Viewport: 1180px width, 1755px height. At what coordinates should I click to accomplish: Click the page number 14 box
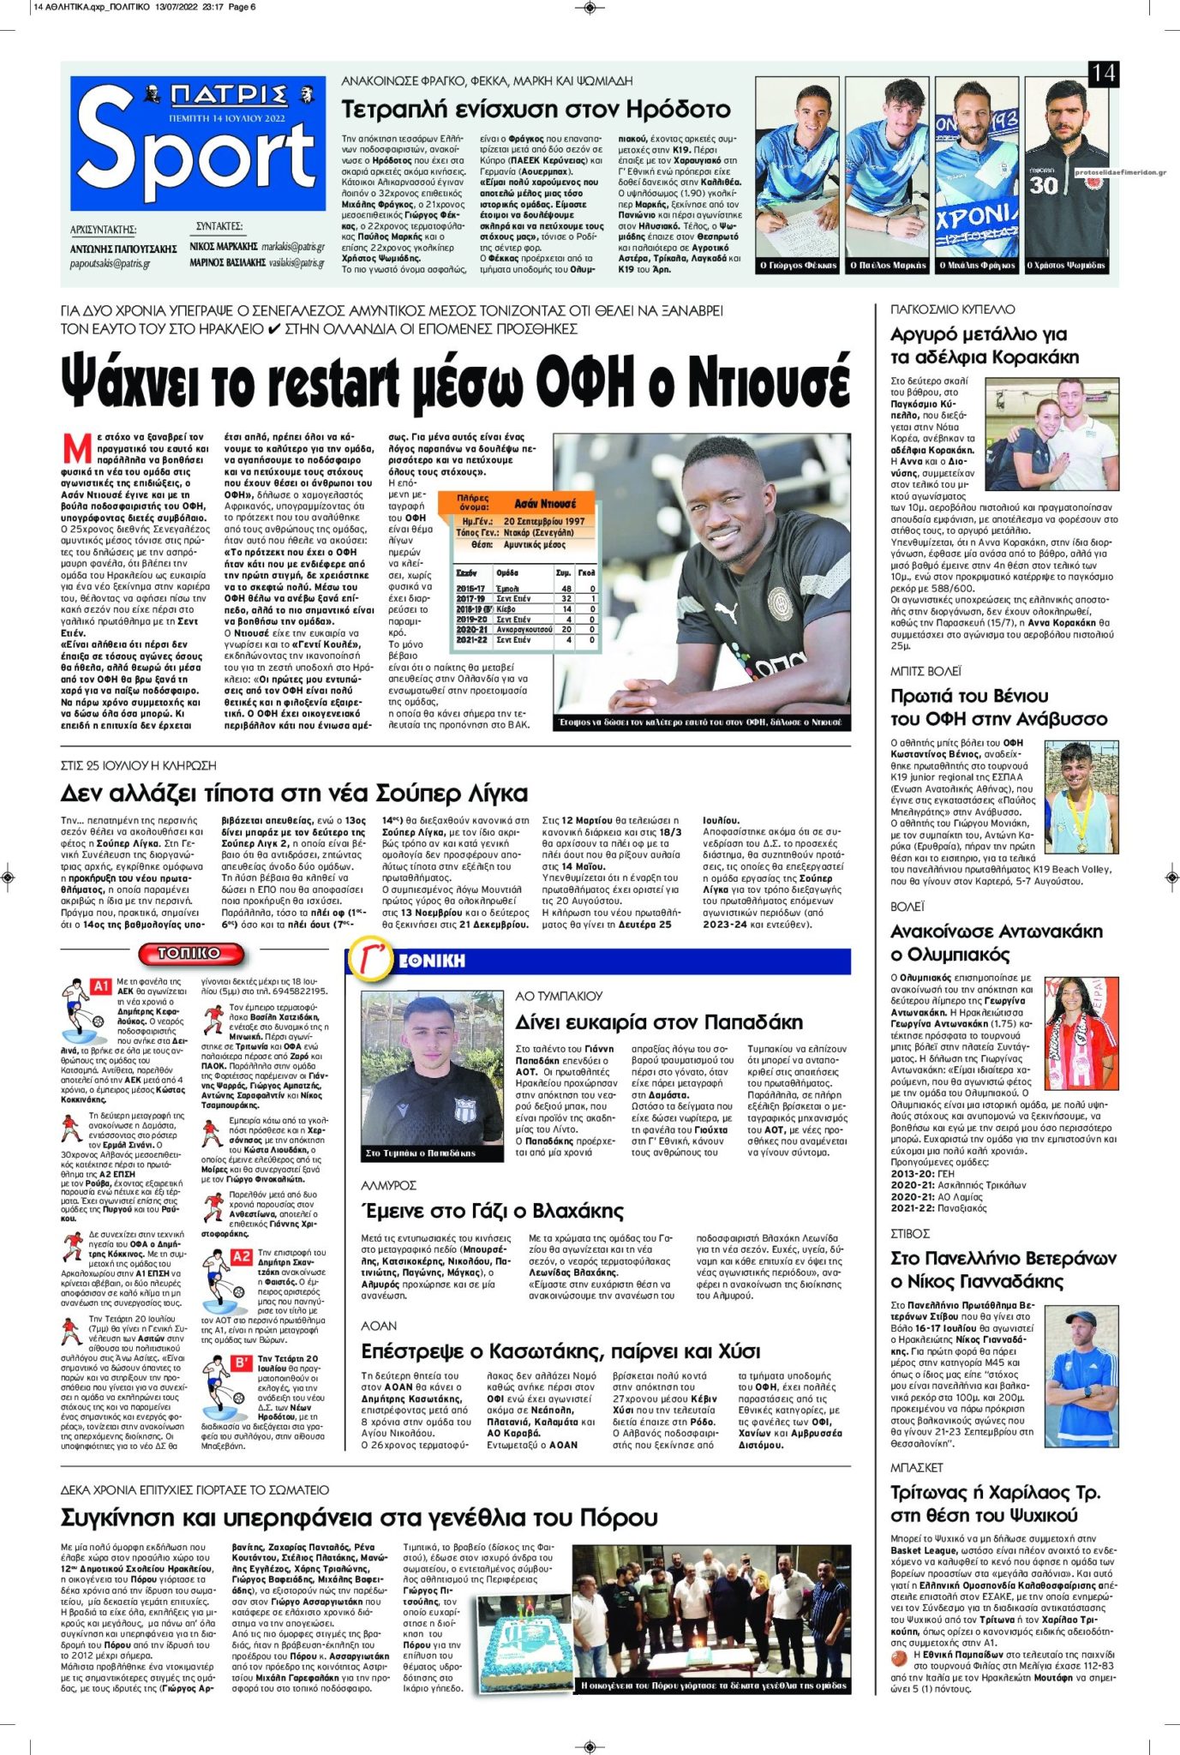pos(1103,74)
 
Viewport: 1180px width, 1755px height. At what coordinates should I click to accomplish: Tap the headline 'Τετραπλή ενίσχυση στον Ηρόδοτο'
pos(536,110)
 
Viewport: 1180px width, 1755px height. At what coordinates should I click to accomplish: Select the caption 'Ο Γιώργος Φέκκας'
pos(798,266)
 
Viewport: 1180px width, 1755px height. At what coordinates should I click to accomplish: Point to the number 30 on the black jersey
pos(1044,184)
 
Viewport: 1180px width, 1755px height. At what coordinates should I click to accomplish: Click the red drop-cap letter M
pos(77,449)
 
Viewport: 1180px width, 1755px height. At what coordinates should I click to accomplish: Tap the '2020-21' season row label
pos(472,629)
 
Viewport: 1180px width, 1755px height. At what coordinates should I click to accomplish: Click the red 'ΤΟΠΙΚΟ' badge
pos(189,953)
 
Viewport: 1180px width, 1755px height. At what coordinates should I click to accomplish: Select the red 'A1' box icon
pos(101,986)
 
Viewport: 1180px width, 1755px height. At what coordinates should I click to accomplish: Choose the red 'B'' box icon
pos(242,1363)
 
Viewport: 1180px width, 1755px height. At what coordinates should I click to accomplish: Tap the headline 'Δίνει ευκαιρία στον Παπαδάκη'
pos(659,1022)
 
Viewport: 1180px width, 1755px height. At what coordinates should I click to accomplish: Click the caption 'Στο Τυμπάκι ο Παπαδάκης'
pos(420,1153)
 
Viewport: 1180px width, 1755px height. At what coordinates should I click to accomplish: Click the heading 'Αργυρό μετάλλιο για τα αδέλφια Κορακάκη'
pos(985,345)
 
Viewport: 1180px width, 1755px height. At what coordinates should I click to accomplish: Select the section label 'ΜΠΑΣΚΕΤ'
pos(916,1468)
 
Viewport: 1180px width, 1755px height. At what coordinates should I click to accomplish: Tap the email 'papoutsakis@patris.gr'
pos(111,264)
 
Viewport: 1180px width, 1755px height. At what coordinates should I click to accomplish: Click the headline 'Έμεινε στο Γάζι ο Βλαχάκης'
pos(493,1211)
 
